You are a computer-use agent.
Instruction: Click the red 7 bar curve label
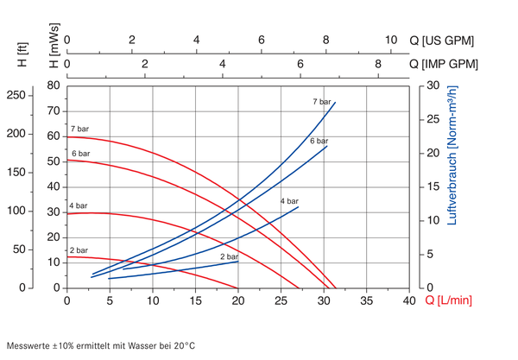click(79, 129)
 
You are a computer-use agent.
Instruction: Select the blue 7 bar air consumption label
click(322, 102)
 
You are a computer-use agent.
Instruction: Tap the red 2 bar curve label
click(79, 250)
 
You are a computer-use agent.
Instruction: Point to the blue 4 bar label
click(289, 201)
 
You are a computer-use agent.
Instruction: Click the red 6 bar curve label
click(81, 154)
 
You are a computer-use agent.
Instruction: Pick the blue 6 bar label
click(319, 141)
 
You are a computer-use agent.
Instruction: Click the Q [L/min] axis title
click(449, 300)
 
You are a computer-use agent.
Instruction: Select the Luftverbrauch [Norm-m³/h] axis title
click(452, 155)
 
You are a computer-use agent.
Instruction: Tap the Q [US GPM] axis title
click(442, 41)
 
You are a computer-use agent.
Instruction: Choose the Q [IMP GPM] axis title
click(444, 64)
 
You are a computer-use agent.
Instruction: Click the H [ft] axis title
click(22, 54)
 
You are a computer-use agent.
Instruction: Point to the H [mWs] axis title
click(54, 46)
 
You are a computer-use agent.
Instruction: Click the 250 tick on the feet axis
click(16, 95)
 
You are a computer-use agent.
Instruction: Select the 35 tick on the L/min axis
click(366, 300)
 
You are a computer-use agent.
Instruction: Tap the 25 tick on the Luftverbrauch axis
click(433, 119)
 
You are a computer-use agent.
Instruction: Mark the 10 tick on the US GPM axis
click(391, 40)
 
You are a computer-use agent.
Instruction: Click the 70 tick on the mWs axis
click(54, 111)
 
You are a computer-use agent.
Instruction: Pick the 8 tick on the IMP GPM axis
click(378, 64)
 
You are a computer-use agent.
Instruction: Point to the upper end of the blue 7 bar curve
click(335, 103)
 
